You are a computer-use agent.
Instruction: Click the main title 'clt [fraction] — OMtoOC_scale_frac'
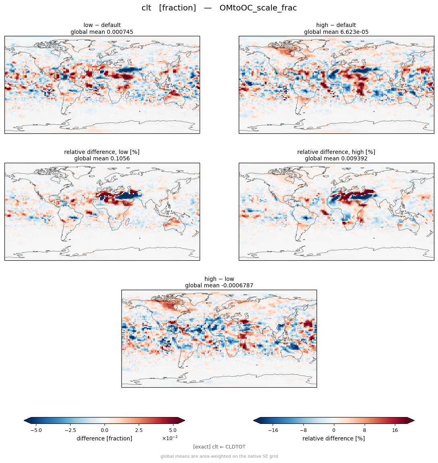pos(219,8)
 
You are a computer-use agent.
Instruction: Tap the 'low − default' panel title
pos(102,25)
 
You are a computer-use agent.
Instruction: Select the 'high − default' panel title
pos(336,25)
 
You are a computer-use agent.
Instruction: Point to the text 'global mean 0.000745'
pos(102,32)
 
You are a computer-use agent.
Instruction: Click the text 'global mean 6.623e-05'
pos(336,32)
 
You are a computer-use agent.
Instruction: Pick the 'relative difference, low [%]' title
pos(102,152)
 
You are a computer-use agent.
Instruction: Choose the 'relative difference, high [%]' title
pos(336,152)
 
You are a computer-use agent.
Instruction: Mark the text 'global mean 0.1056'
pos(102,159)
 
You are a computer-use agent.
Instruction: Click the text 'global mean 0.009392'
pos(336,159)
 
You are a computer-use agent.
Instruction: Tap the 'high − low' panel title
pos(219,279)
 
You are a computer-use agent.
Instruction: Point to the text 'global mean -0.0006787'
pos(219,286)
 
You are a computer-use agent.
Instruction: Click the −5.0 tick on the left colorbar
pos(36,430)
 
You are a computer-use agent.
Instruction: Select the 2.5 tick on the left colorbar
pos(139,430)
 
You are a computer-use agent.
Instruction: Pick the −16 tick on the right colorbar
pos(273,430)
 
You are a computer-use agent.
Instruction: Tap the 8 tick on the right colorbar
pos(365,430)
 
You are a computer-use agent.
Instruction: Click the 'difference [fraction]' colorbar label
pos(104,438)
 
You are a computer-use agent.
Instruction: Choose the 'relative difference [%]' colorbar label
pos(334,438)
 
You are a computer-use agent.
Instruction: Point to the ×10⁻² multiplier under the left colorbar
pos(170,438)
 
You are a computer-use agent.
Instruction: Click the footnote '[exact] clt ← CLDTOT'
pos(219,447)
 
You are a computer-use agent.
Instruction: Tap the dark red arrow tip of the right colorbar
pos(411,421)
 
